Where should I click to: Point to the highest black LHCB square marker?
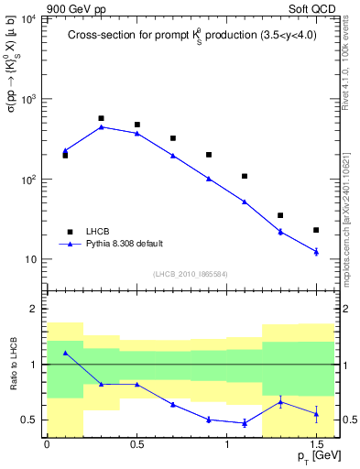(x=101, y=118)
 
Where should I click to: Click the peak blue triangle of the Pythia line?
(x=101, y=126)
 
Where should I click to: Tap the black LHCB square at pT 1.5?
(x=316, y=230)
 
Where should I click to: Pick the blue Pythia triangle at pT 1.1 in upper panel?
(x=245, y=202)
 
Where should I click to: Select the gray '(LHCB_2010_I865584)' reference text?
(x=191, y=274)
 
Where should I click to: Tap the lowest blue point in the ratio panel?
(x=245, y=423)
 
